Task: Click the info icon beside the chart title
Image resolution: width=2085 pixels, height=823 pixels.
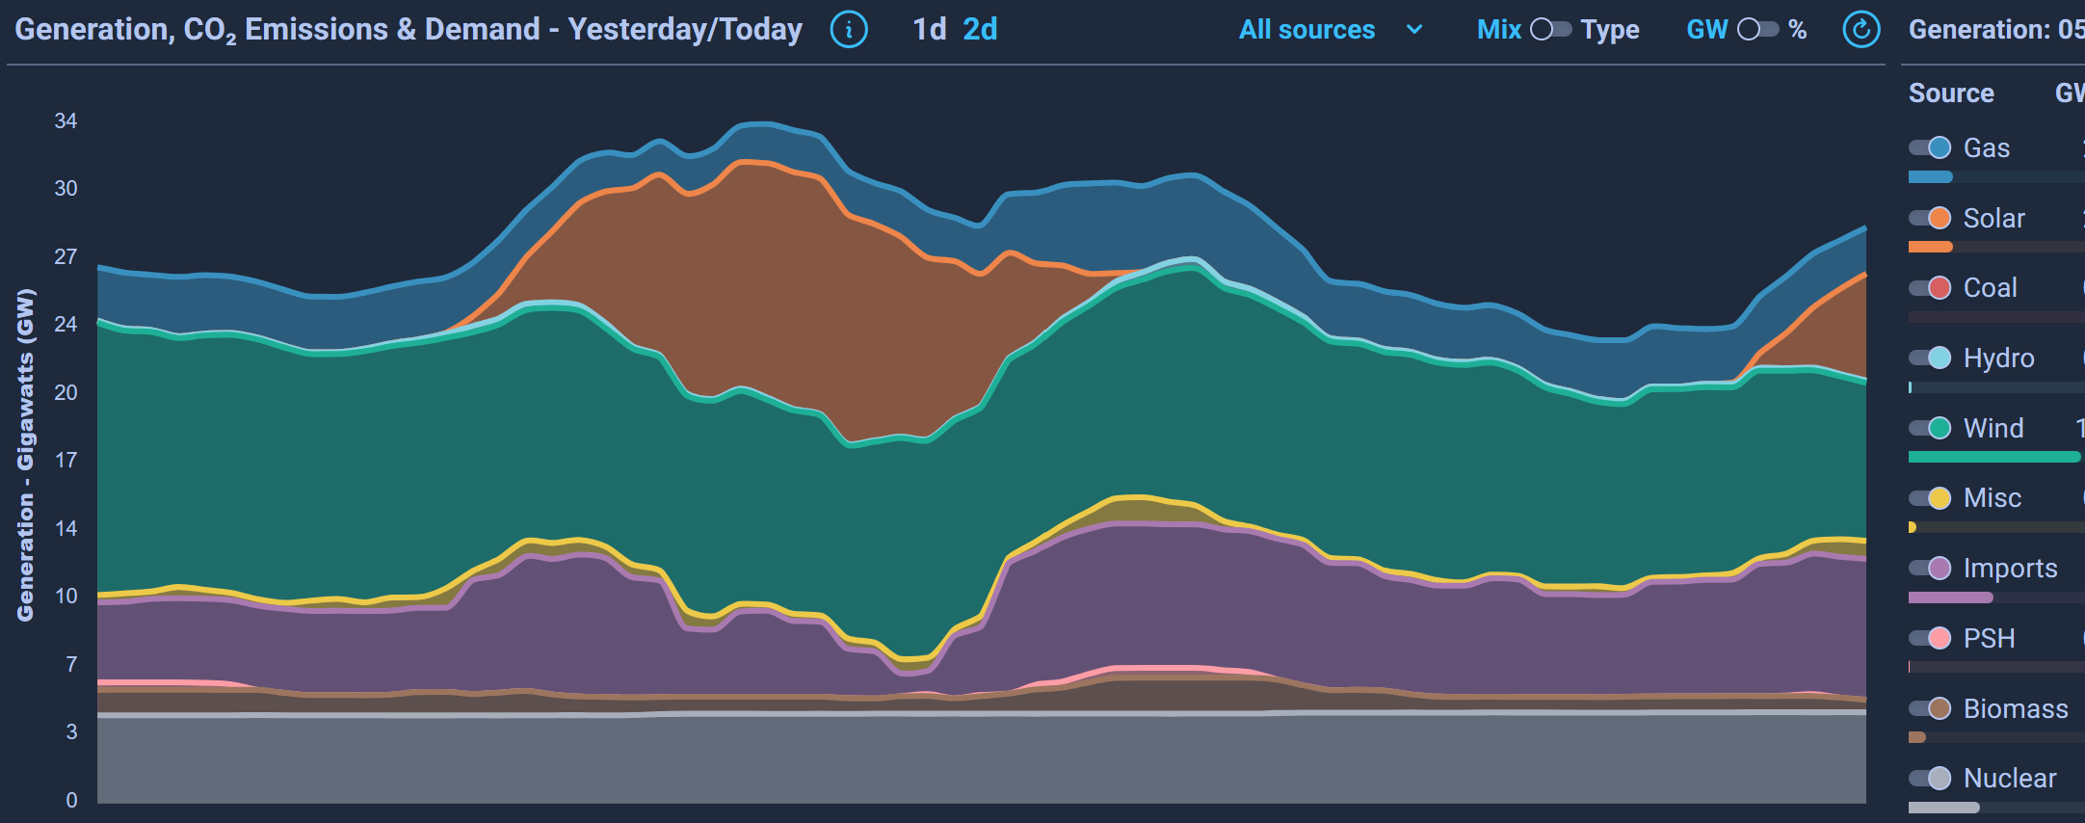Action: coord(848,30)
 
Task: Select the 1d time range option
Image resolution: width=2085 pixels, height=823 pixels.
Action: coord(930,30)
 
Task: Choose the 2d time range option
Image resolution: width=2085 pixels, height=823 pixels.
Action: coord(980,30)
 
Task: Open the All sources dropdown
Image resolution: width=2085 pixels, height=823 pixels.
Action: coord(1330,30)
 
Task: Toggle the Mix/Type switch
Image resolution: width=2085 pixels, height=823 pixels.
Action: coord(1550,30)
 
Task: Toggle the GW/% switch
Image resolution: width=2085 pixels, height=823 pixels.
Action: coord(1757,30)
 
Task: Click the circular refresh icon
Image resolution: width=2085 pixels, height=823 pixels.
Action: coord(1861,30)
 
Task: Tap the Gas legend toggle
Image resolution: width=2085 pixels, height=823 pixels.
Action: coord(1930,147)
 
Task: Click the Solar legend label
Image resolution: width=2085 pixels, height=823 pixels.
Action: coord(1993,219)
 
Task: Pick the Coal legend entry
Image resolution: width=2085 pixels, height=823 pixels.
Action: coord(1990,288)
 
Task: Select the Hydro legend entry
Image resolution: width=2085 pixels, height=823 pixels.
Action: coord(1998,358)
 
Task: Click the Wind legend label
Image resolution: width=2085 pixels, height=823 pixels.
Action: coord(1993,429)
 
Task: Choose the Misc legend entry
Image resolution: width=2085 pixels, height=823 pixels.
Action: coord(1992,498)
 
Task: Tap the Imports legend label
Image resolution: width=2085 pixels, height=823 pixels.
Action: coord(2010,569)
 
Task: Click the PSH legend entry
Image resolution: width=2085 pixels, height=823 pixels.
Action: coord(1989,639)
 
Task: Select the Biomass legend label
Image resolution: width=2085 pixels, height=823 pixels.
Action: coord(2016,709)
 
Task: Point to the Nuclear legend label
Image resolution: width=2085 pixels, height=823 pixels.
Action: coord(2010,779)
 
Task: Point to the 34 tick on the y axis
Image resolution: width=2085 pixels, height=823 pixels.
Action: coord(66,121)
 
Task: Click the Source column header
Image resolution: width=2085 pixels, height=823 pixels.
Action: coord(1951,93)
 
